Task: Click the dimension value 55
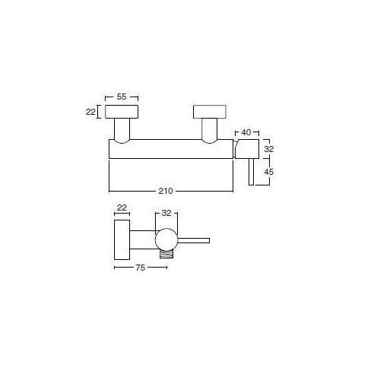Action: coord(122,97)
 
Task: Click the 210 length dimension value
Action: coord(166,191)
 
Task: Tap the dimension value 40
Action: coord(246,132)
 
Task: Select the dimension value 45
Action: coord(269,172)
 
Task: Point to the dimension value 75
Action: coord(141,268)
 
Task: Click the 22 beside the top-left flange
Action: coord(90,112)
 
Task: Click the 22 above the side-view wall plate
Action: coord(122,208)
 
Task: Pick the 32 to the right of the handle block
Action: coord(269,149)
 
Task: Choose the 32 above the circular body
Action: coord(166,213)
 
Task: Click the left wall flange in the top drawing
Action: coord(122,112)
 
